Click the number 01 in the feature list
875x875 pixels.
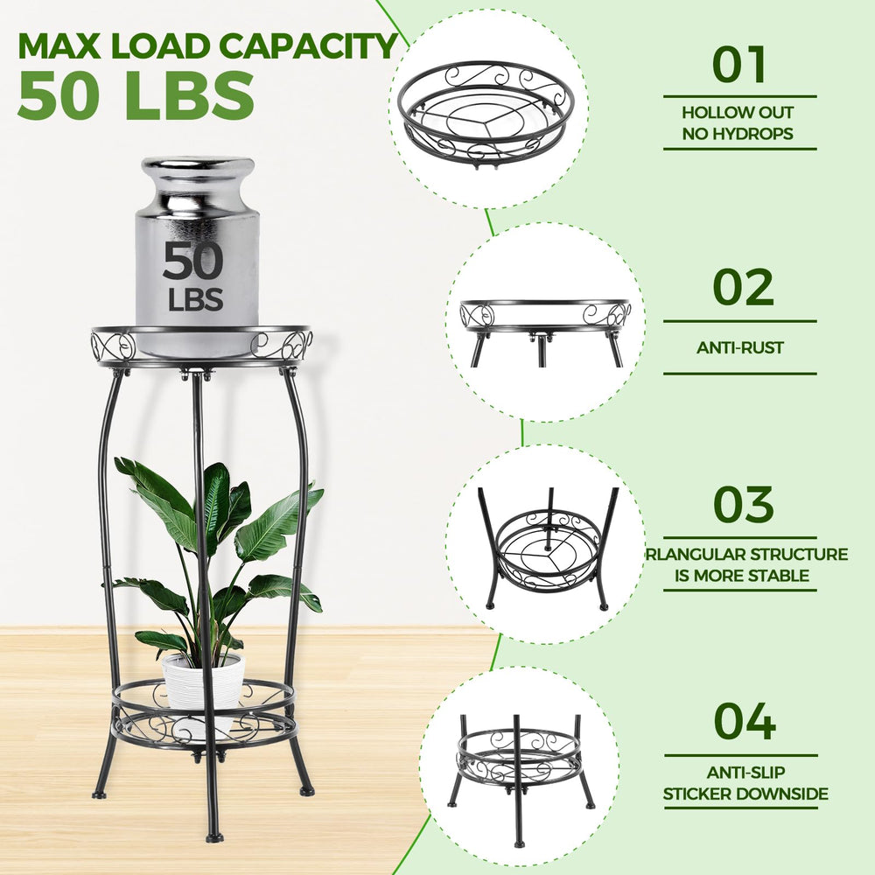[739, 65]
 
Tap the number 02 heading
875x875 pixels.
[743, 287]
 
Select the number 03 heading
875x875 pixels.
[743, 505]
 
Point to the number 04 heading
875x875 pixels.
[745, 722]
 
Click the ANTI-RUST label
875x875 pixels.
[740, 347]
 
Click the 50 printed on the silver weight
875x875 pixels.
[193, 261]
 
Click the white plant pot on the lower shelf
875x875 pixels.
[204, 692]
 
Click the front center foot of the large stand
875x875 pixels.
[214, 837]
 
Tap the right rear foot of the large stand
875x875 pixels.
[307, 790]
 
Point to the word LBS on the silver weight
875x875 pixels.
[195, 298]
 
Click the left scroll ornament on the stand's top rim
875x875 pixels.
[113, 345]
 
